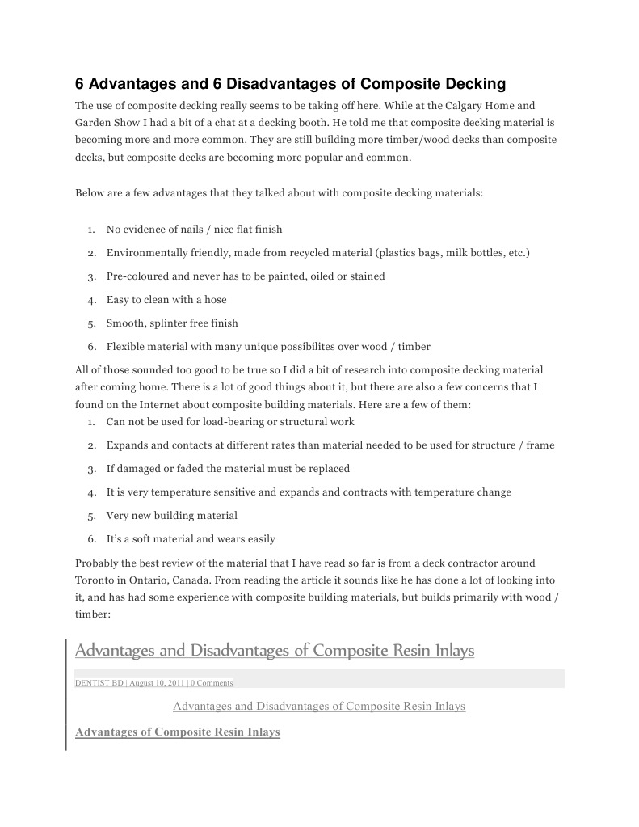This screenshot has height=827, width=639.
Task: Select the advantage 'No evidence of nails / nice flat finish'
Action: pos(194,230)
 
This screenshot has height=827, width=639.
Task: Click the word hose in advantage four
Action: pos(215,300)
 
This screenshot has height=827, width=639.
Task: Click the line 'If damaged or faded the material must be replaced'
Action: pos(228,469)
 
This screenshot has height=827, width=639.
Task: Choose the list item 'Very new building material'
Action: pos(171,516)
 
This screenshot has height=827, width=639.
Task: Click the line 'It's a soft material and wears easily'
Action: pos(191,539)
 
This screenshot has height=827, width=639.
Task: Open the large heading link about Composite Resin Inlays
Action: pos(275,651)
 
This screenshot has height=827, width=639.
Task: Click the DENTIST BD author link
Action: pos(99,683)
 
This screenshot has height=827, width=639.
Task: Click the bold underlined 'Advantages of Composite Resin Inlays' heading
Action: pos(178,732)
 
